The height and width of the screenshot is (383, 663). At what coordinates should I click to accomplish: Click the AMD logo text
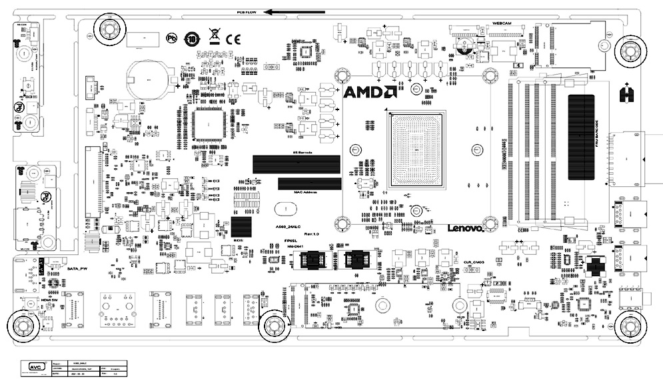coord(370,93)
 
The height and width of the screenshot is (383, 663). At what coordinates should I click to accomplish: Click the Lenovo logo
coord(464,228)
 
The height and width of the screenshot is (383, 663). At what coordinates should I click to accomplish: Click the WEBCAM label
coord(502,23)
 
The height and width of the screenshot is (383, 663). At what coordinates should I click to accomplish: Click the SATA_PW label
coord(78,268)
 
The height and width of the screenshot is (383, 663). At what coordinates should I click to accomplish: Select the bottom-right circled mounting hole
coord(630,327)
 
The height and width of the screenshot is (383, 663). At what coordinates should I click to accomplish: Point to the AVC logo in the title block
coord(33,366)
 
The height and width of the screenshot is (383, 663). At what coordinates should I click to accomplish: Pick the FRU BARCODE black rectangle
coord(580,137)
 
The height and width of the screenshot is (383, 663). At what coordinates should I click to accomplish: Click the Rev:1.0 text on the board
coord(312,234)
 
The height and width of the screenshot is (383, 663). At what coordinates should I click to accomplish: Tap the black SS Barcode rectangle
coord(294,164)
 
